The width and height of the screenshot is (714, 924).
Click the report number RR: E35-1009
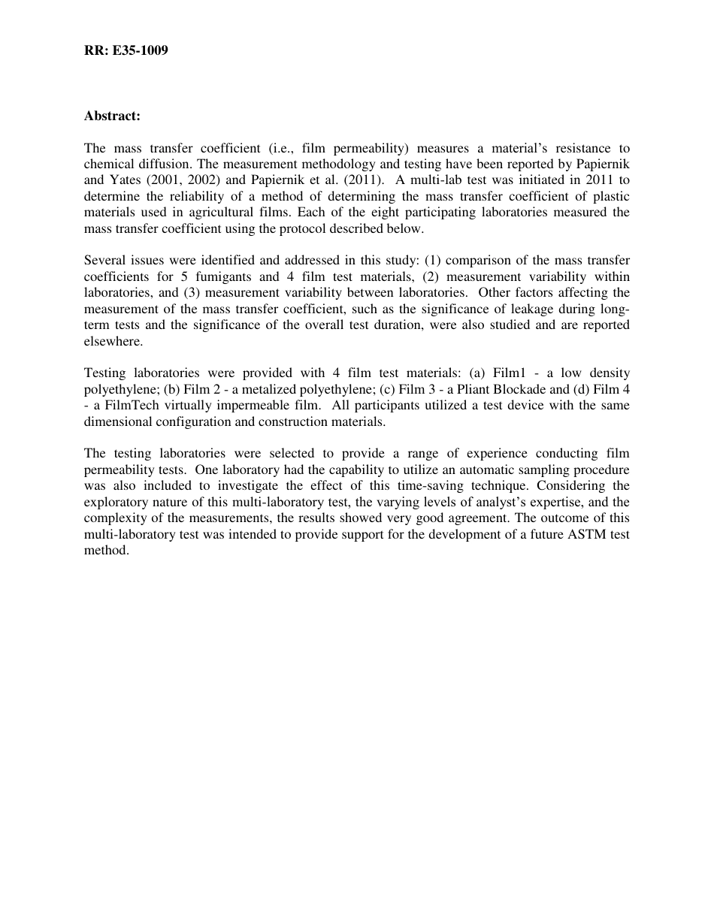[x=126, y=51]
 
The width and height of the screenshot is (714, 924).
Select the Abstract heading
[x=112, y=116]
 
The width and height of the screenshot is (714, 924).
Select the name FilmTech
[x=126, y=406]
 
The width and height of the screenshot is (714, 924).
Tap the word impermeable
[x=251, y=406]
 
